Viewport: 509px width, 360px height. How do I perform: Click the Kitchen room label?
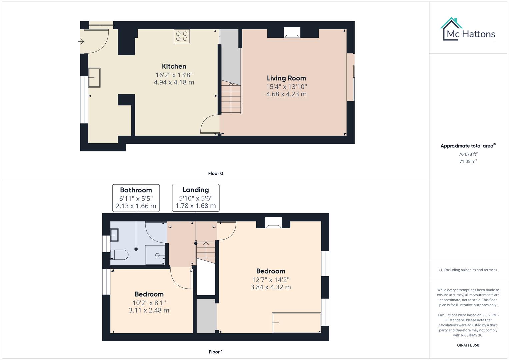point(174,66)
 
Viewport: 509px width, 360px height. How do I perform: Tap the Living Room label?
point(286,78)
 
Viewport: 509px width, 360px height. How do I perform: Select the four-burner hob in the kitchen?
point(182,36)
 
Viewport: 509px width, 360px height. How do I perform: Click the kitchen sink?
point(94,77)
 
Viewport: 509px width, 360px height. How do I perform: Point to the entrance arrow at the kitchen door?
point(81,42)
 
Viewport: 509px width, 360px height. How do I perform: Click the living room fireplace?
point(292,33)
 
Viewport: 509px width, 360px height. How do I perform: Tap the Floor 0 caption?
point(215,173)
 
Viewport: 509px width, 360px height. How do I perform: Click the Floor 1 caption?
point(215,352)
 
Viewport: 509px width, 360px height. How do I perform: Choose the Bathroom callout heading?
point(136,190)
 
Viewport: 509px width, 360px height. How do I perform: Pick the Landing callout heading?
point(196,190)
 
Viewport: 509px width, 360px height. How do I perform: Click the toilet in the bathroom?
point(119,254)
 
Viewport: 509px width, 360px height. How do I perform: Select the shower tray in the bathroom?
point(155,255)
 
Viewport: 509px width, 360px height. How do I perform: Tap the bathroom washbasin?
point(114,235)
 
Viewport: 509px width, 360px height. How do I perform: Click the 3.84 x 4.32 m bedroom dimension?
point(270,287)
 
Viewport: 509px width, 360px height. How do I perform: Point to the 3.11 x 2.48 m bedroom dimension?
point(149,310)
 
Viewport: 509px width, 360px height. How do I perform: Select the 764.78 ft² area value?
point(468,154)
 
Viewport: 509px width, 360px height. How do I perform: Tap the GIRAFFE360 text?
point(468,345)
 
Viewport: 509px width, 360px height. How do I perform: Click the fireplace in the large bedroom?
point(273,223)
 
